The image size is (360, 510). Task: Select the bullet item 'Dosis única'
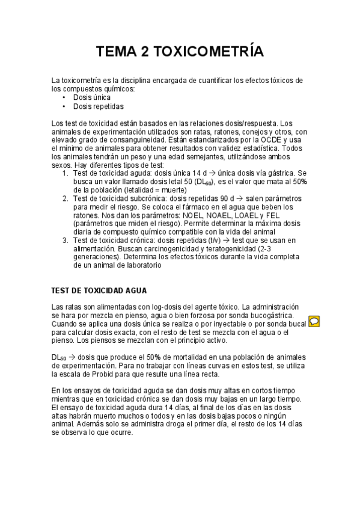[x=91, y=97]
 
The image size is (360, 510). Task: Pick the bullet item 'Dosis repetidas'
[x=98, y=106]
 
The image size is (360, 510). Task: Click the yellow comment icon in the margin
[x=314, y=321]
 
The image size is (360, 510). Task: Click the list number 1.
[x=66, y=173]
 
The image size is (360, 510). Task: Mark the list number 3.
[x=66, y=240]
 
